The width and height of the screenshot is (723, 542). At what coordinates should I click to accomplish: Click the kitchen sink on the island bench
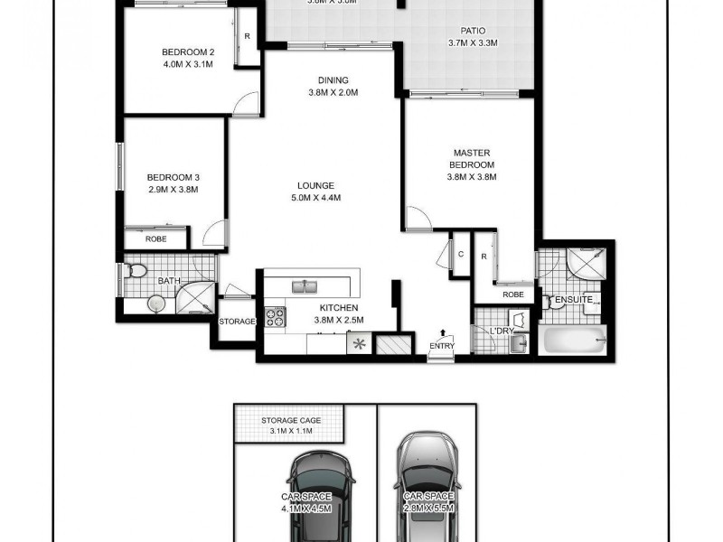(x=305, y=287)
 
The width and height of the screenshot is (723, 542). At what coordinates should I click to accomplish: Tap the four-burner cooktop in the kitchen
(x=275, y=317)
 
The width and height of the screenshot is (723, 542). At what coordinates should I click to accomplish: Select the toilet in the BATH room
(x=136, y=269)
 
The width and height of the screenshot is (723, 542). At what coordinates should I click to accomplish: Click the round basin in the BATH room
(x=158, y=304)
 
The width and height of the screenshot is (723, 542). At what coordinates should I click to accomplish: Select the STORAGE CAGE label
(x=289, y=420)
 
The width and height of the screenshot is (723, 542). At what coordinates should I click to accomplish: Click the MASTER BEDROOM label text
(x=473, y=159)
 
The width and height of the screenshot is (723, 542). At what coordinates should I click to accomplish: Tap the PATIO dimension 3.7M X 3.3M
(x=473, y=43)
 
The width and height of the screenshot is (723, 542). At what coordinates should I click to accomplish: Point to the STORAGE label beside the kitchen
(x=237, y=322)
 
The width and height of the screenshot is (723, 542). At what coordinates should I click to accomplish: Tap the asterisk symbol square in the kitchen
(x=359, y=343)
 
